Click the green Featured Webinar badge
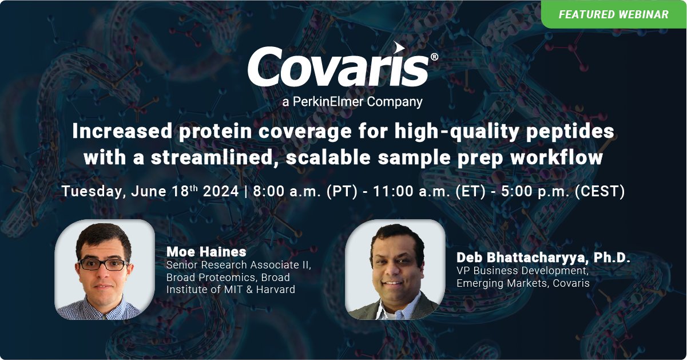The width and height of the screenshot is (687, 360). pyautogui.click(x=613, y=14)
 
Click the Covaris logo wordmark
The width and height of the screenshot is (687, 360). pyautogui.click(x=339, y=66)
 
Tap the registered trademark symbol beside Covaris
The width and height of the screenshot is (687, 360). pyautogui.click(x=434, y=57)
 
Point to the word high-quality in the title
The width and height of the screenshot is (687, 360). pyautogui.click(x=457, y=132)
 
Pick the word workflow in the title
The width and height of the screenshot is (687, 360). pyautogui.click(x=557, y=157)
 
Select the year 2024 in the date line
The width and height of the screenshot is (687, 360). pyautogui.click(x=221, y=191)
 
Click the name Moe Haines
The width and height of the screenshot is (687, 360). pyautogui.click(x=206, y=252)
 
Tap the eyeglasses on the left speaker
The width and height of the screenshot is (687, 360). pyautogui.click(x=104, y=264)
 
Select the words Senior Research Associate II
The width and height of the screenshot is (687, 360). pyautogui.click(x=239, y=265)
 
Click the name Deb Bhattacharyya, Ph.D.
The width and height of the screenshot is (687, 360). pyautogui.click(x=543, y=258)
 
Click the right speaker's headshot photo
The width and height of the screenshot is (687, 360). pyautogui.click(x=395, y=270)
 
